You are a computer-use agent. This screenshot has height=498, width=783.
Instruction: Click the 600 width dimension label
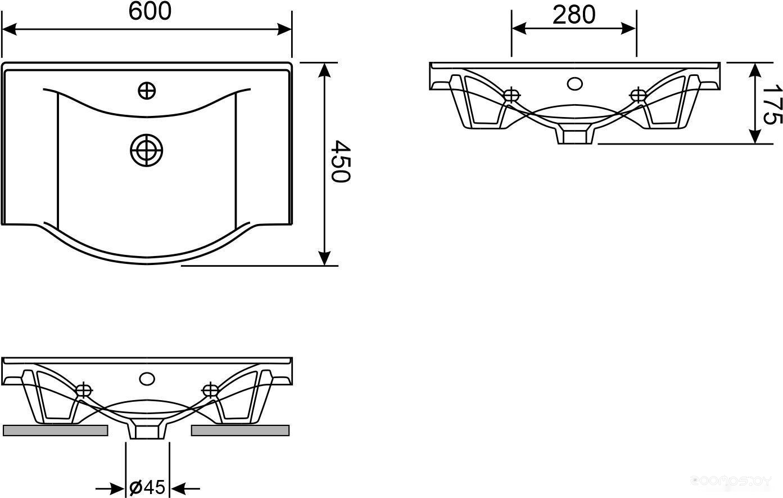pos(150,11)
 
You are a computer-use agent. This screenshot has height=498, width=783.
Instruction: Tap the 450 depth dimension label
pos(340,161)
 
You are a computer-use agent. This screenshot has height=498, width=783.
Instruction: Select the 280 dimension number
pos(574,15)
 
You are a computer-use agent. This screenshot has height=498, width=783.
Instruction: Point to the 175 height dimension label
pos(771,104)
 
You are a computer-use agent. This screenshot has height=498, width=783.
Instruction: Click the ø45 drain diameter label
pos(147,487)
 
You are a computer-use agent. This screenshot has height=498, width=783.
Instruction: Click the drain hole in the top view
pos(147,150)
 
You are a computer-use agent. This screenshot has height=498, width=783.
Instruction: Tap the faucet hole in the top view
pos(147,91)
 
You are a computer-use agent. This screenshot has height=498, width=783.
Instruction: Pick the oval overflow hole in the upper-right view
pos(574,84)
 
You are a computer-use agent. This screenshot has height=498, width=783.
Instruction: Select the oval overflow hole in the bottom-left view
pos(147,379)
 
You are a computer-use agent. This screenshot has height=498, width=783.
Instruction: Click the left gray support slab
pos(56,430)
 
